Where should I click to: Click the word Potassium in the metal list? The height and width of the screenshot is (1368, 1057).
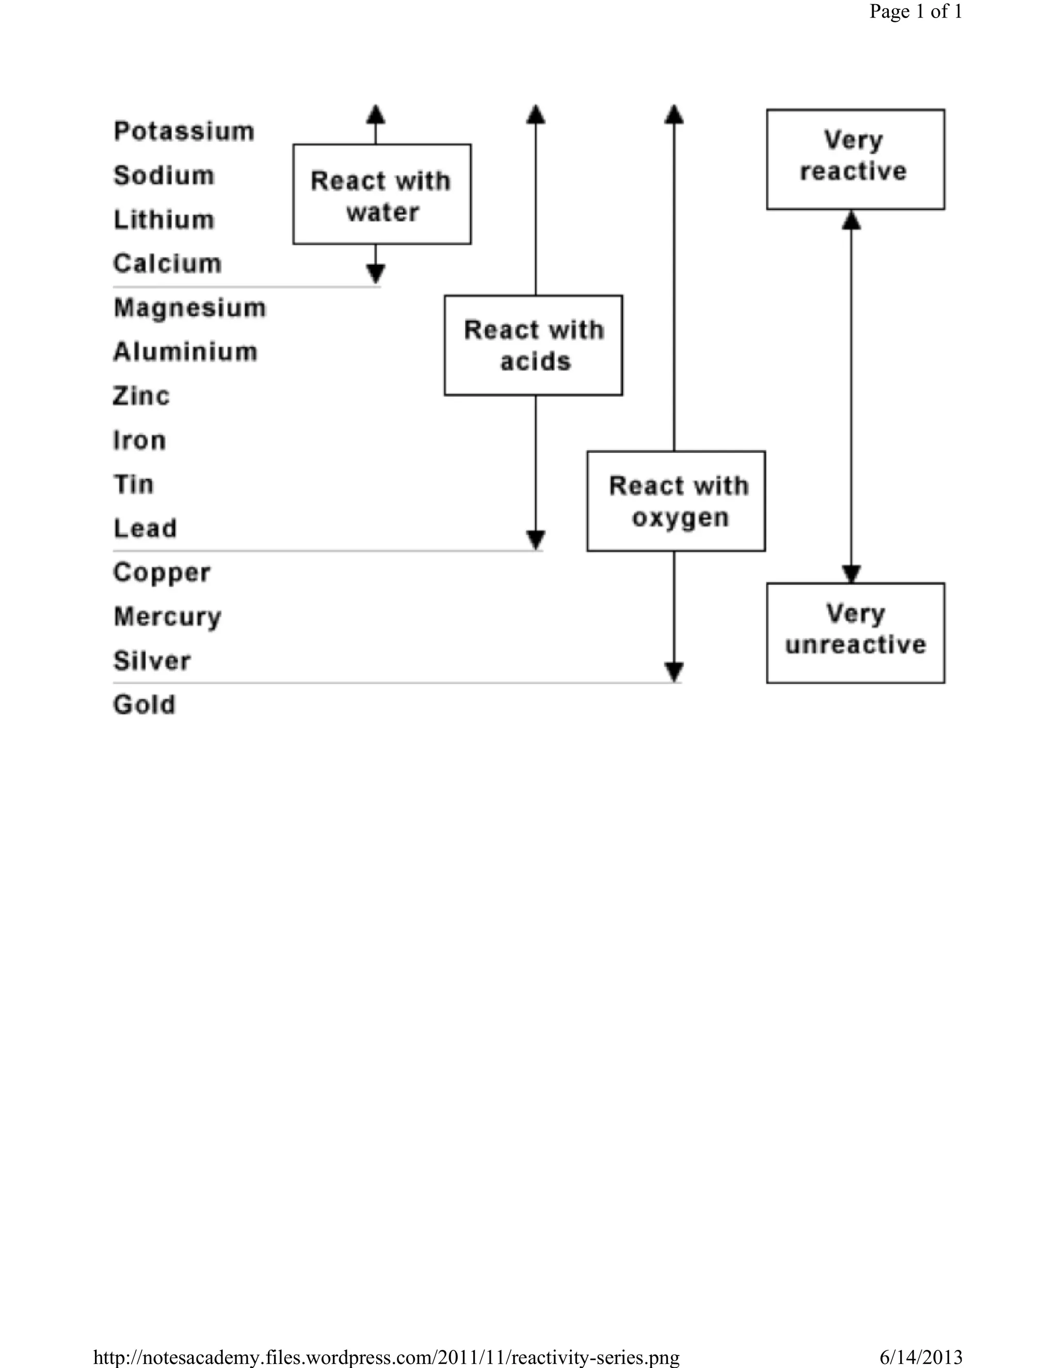pos(183,132)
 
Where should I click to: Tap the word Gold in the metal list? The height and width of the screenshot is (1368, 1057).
pos(144,705)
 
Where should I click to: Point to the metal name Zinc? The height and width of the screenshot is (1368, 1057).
pos(141,396)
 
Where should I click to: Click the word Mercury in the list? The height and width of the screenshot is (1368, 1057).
pos(167,617)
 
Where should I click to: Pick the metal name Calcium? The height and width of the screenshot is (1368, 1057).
pos(167,264)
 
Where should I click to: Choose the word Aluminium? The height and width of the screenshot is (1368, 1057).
pos(185,352)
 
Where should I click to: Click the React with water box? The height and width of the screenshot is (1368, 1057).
pos(382,195)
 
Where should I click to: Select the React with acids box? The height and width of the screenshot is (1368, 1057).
pos(534,345)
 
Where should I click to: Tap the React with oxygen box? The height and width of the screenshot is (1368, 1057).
pos(676,501)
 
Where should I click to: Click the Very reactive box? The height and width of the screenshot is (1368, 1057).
pos(855,159)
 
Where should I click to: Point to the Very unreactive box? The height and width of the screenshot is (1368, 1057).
pos(855,633)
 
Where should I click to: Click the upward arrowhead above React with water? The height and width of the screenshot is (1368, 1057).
pos(376,114)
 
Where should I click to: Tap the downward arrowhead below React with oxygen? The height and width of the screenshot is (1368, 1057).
pos(674,672)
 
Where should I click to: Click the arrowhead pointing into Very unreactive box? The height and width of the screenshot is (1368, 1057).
pos(851,574)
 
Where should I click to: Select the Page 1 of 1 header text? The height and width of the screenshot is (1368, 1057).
pos(916,11)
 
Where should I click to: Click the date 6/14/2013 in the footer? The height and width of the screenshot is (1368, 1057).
pos(921,1357)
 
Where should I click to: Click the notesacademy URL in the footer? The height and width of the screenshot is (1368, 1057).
pos(387,1357)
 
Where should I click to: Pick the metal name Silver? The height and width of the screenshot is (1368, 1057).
pos(152,661)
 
